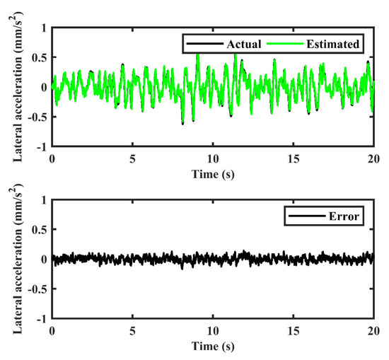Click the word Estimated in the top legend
coord(332,44)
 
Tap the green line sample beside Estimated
coord(279,44)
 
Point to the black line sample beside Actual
coord(194,44)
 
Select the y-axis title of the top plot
coord(15,86)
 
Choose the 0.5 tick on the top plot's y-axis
coord(38,57)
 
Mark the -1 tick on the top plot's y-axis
coord(42,146)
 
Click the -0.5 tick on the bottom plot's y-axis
coord(37,289)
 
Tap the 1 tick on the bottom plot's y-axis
coord(44,200)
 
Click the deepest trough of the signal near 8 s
coord(182,123)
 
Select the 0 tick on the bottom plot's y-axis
coord(44,260)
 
